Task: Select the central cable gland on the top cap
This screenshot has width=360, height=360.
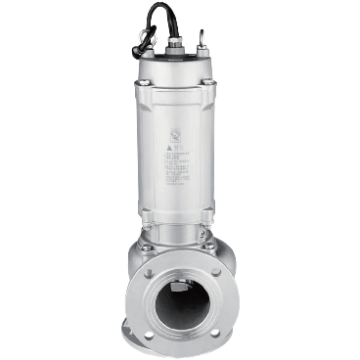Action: [178, 45]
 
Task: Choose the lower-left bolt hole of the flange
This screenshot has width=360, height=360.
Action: [148, 335]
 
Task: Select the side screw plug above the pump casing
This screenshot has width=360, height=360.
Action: [204, 238]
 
